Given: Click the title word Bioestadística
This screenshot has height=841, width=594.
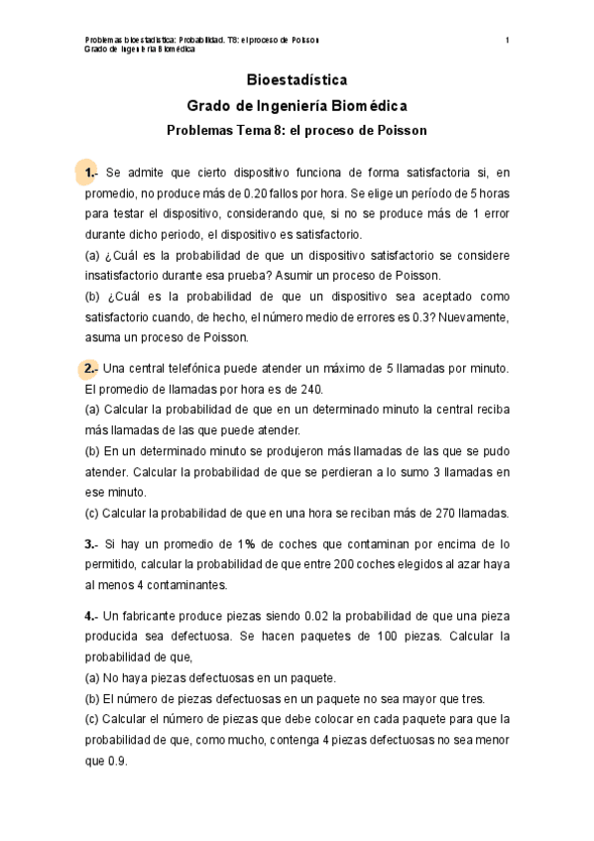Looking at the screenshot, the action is [x=297, y=80].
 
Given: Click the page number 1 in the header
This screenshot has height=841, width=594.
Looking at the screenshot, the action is [x=507, y=40].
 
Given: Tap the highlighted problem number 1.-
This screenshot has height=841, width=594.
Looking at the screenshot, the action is [x=90, y=174].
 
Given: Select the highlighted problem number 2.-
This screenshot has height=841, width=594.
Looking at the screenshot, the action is [x=90, y=369].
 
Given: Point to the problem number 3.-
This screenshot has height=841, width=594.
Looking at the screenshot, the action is [x=90, y=543].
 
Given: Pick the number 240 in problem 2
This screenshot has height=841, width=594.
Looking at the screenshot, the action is [x=312, y=389].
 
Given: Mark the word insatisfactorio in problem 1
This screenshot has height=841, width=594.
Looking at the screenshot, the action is [x=129, y=276].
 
